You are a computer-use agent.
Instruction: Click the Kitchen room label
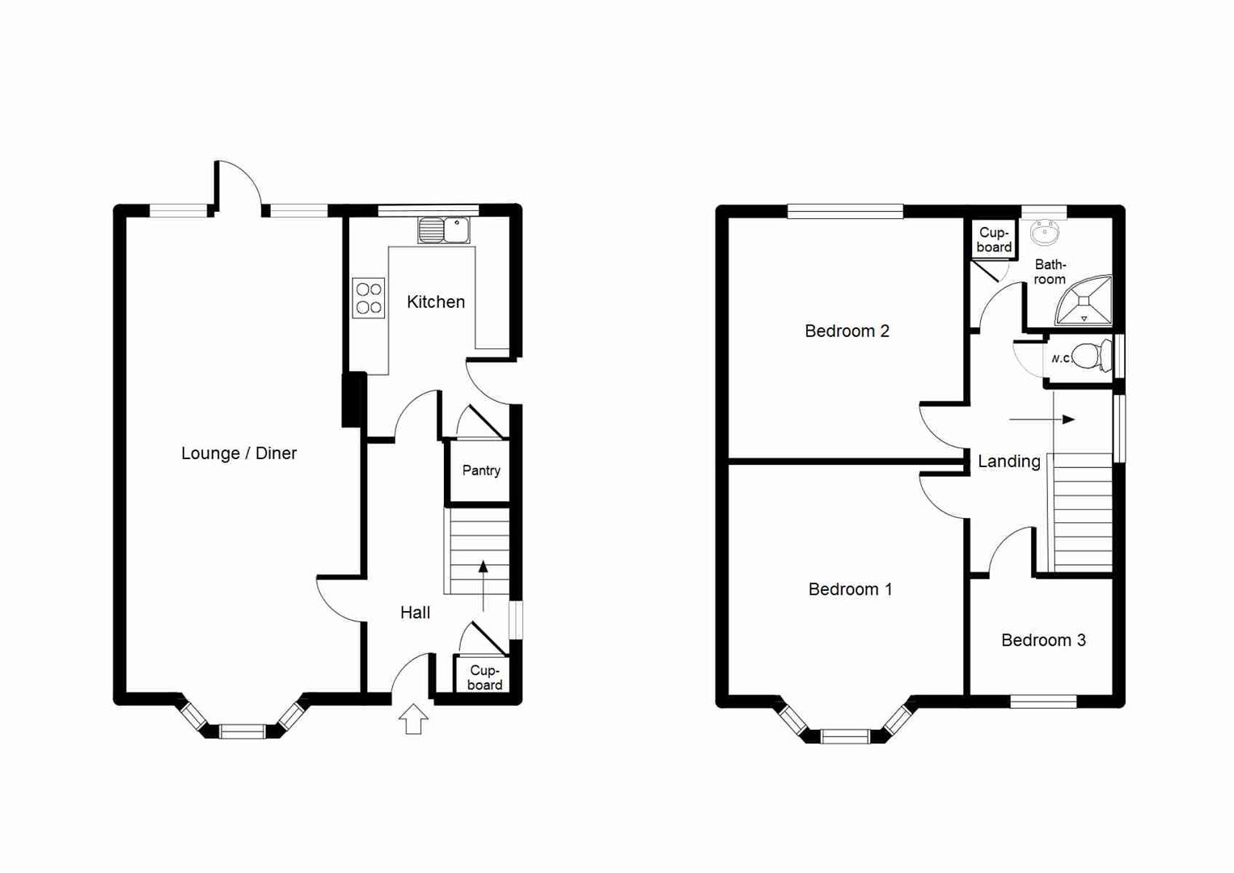pos(436,302)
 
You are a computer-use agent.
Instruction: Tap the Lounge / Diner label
pos(239,453)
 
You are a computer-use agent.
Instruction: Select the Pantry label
pos(481,470)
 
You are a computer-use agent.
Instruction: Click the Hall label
pos(415,613)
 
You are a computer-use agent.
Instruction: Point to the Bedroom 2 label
pos(847,331)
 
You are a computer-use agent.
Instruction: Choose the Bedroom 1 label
pos(850,590)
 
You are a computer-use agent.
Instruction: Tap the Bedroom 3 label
pos(1043,641)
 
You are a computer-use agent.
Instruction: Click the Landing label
pos(1008,462)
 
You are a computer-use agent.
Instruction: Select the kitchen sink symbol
pos(443,230)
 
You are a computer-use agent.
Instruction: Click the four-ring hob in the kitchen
pos(369,298)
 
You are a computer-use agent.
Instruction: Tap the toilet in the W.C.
pos(1091,356)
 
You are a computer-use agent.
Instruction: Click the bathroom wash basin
pos(1045,233)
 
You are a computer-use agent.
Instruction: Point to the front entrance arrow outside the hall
pos(413,719)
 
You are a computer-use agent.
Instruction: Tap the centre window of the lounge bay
pos(243,732)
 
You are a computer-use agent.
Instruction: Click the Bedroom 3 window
pos(1043,702)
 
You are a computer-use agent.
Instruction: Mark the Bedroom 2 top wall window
pos(845,212)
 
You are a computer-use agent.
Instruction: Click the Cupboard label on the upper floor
pos(993,240)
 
